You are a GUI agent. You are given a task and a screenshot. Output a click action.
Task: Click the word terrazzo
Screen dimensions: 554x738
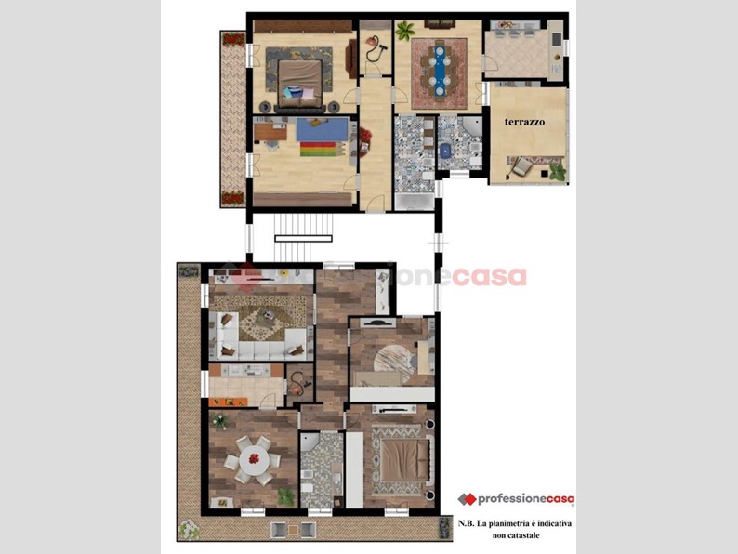click(x=525, y=122)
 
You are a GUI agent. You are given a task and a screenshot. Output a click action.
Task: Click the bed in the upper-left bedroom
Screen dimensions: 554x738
click(x=299, y=77)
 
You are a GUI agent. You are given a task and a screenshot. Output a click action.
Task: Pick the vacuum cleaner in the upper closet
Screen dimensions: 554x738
click(x=375, y=48)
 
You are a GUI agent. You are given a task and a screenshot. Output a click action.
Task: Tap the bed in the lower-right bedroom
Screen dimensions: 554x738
click(x=402, y=457)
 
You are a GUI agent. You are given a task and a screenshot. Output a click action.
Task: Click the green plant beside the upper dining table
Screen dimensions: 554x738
click(x=404, y=31)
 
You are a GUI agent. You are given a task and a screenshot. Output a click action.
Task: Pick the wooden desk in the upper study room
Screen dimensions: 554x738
click(x=270, y=132)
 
